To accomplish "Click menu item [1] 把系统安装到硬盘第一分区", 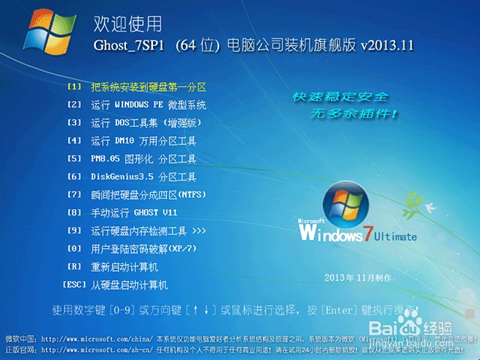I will (x=148, y=87).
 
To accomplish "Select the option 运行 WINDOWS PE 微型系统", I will (x=148, y=105).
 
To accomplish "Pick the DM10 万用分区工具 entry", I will (x=143, y=140).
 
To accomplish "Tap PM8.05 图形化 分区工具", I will (x=143, y=159).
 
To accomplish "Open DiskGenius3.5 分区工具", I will (x=143, y=177).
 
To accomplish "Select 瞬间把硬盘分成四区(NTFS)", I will (x=148, y=195).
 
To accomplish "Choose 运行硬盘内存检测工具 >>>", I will (x=148, y=231).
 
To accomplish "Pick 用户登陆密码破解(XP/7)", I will (x=143, y=249).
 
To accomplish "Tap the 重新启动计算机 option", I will (x=124, y=267).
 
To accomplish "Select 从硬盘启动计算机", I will (x=129, y=286).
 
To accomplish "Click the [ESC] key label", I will (x=74, y=285).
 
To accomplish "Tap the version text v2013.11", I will (x=387, y=45).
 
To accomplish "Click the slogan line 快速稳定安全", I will (x=340, y=98).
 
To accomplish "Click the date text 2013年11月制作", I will (x=358, y=278).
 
